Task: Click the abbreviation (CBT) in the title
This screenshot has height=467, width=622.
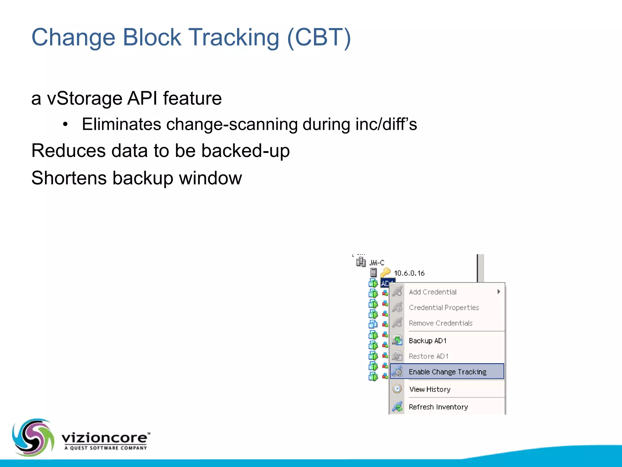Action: click(x=319, y=38)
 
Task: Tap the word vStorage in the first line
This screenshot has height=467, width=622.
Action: click(x=84, y=98)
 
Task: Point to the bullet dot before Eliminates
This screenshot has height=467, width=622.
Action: click(x=65, y=124)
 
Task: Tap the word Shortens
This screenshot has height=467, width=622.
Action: click(x=69, y=178)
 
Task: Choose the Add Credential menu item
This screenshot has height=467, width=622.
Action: click(x=432, y=292)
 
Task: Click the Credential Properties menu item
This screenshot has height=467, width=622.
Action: click(x=444, y=307)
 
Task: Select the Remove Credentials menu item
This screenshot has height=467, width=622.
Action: click(x=440, y=323)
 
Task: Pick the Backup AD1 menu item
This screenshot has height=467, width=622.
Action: click(x=428, y=341)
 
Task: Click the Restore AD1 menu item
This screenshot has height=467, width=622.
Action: click(x=428, y=356)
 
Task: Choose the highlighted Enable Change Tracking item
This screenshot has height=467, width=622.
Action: click(x=447, y=372)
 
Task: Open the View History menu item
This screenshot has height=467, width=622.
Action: click(x=429, y=389)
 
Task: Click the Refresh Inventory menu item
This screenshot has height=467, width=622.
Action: click(x=438, y=407)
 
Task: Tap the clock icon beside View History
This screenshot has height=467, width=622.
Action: click(x=397, y=389)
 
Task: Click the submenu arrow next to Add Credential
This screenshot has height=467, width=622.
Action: click(x=498, y=292)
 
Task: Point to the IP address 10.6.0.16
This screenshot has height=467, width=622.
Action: click(x=409, y=273)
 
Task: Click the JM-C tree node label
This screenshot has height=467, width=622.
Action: click(x=377, y=263)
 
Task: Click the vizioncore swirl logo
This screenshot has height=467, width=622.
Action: click(x=33, y=437)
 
